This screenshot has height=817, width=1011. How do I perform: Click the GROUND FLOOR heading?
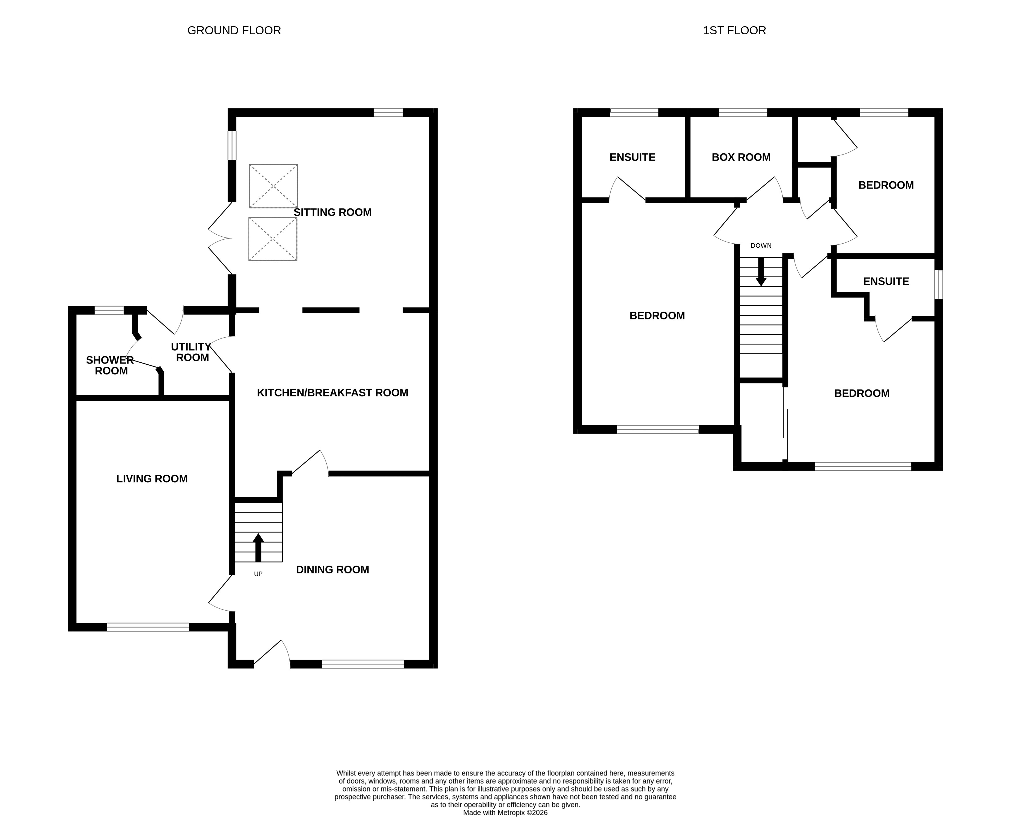(234, 31)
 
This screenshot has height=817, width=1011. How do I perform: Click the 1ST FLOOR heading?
(734, 31)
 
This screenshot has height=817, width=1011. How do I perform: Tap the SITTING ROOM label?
(332, 212)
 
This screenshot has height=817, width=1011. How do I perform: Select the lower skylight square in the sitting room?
(272, 239)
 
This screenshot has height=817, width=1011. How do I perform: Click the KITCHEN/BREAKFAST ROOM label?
(332, 392)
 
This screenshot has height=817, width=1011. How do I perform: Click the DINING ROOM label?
(332, 569)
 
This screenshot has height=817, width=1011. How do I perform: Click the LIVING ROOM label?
(152, 479)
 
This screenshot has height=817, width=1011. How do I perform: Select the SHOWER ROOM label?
(110, 365)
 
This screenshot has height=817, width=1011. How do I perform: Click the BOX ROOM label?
(741, 157)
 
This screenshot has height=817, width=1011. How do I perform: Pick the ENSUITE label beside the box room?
(632, 157)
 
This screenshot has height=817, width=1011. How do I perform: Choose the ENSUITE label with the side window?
(886, 281)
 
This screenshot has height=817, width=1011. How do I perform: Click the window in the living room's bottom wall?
(148, 627)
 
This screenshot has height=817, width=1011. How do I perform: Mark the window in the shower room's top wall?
(109, 310)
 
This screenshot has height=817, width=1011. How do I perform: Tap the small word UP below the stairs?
(258, 574)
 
